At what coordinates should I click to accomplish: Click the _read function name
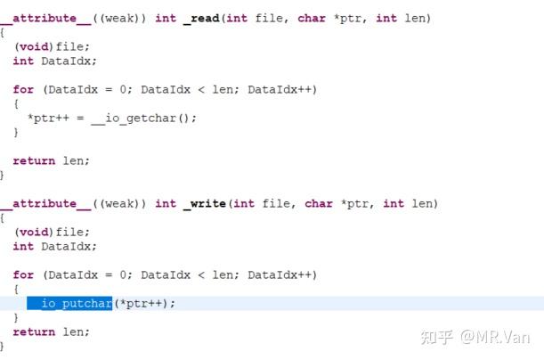(203, 18)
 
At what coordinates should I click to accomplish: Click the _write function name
(206, 203)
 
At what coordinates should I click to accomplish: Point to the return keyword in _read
(34, 160)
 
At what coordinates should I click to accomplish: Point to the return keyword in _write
(34, 332)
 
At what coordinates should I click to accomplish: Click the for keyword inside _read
(23, 89)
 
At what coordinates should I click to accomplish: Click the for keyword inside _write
(23, 275)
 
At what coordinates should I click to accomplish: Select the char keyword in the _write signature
(318, 203)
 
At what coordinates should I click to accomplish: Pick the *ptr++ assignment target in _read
(48, 118)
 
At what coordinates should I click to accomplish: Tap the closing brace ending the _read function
(3, 176)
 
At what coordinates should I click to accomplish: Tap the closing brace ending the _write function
(3, 346)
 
